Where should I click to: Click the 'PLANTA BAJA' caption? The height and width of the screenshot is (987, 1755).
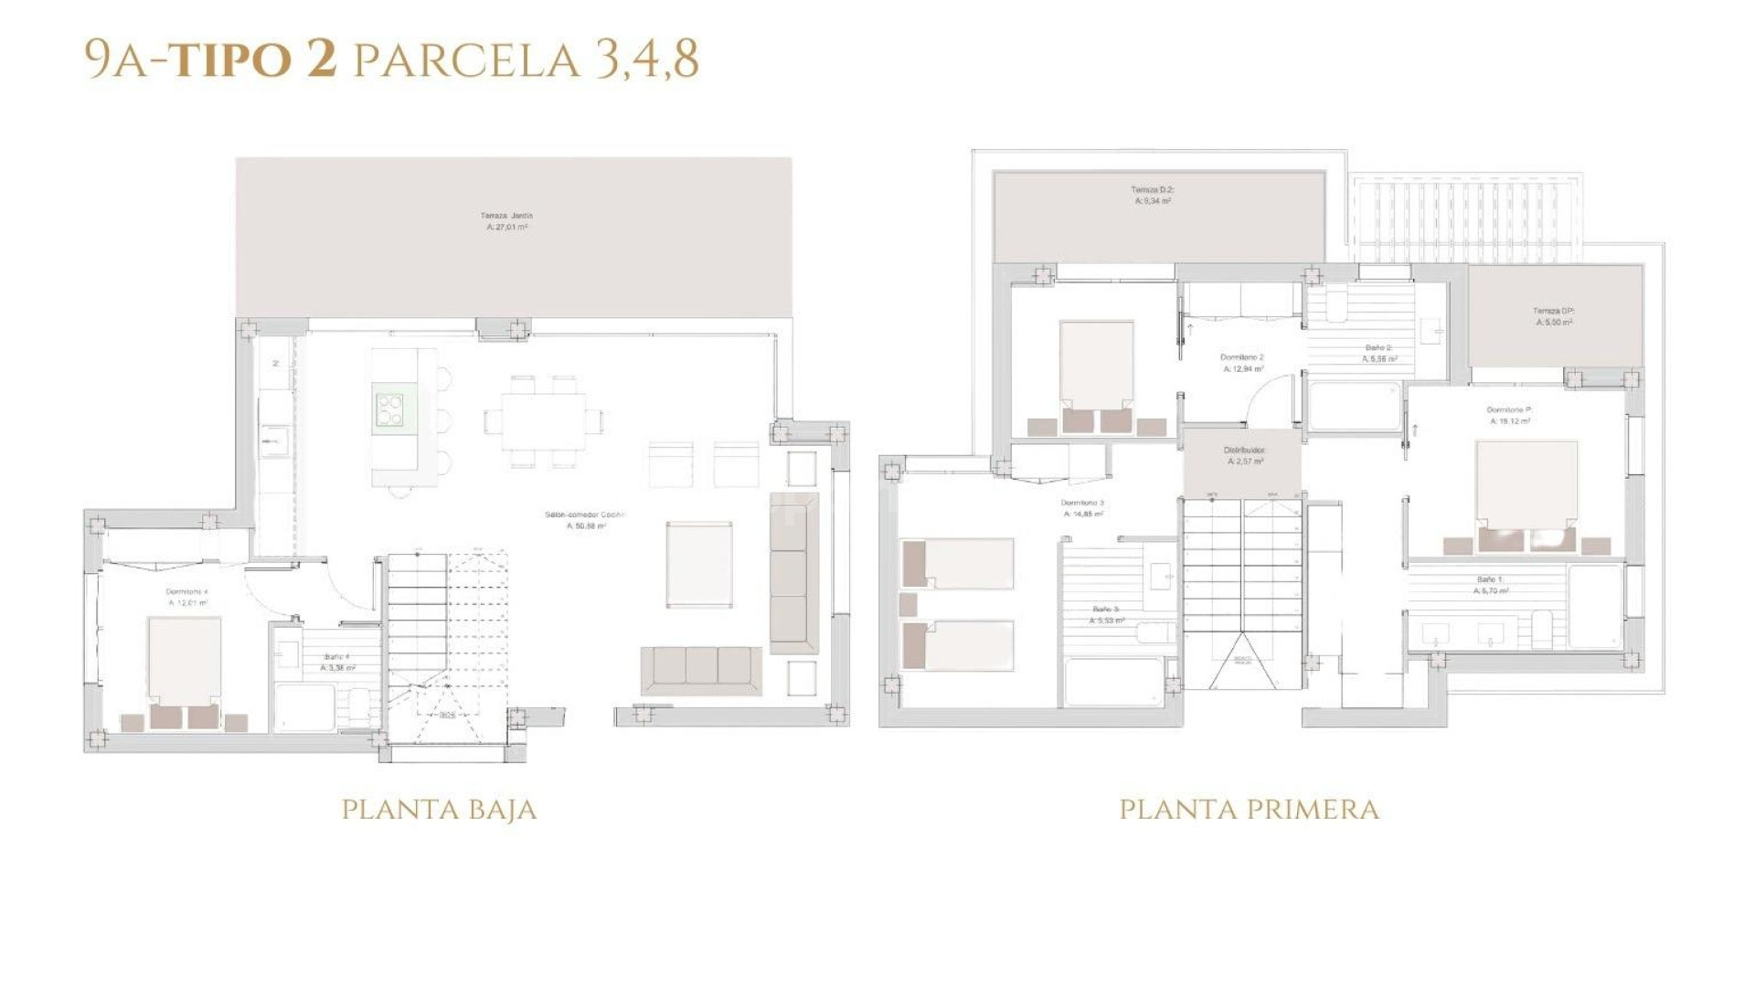pos(439,810)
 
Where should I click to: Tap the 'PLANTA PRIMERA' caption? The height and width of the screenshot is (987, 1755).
pos(1249,810)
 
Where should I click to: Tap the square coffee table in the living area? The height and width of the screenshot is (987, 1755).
pos(699,564)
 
